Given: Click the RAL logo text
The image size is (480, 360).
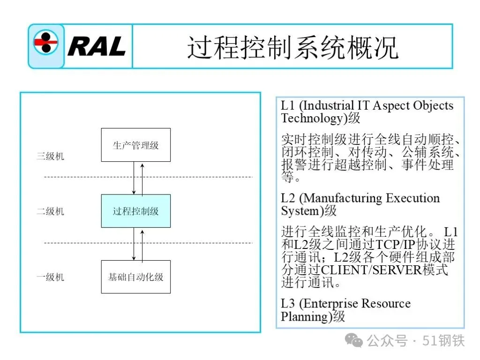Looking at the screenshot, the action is [97, 46].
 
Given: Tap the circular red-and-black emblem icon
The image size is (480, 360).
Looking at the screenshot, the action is [45, 42].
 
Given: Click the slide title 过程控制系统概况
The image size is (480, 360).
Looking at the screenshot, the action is [292, 47].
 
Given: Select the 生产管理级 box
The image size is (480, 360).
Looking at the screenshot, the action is [136, 145].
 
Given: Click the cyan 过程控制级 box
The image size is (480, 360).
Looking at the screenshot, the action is [136, 211].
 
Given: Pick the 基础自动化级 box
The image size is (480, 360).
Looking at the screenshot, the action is [136, 277].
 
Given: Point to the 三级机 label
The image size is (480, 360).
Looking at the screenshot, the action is [51, 156].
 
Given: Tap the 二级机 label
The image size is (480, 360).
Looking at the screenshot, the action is [51, 211].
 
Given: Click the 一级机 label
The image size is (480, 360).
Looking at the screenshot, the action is [51, 277].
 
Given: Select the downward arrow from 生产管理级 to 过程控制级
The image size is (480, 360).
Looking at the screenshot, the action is [134, 178].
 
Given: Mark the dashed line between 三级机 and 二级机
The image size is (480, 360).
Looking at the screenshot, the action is [148, 177].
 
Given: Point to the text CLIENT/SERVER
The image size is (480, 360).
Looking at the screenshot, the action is [371, 270].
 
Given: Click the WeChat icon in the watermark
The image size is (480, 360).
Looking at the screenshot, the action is [353, 340].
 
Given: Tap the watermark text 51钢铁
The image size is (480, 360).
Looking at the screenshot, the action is [443, 341].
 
